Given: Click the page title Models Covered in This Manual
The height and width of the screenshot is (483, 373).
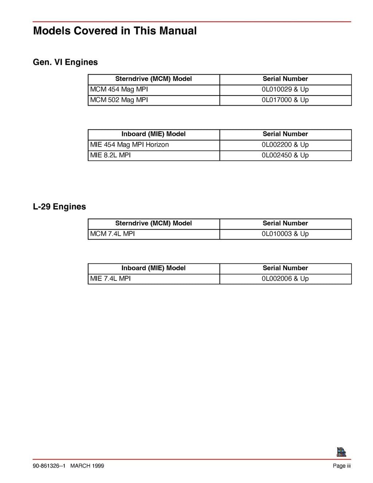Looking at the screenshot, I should click(x=115, y=31).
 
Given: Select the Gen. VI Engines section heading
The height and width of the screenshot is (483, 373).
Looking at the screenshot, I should click(x=65, y=62).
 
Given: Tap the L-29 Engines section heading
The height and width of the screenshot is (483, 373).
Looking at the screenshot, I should click(x=59, y=207).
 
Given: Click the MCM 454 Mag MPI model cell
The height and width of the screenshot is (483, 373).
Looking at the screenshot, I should click(x=119, y=90).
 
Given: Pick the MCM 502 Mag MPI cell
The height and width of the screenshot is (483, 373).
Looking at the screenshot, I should click(x=119, y=100).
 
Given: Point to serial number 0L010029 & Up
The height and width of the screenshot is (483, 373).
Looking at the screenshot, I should click(x=285, y=90).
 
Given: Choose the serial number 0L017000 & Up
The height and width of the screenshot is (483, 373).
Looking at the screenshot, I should click(x=285, y=100).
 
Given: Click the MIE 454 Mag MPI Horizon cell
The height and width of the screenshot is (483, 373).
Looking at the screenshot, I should click(x=129, y=145).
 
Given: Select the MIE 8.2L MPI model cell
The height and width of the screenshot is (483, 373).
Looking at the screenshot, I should click(x=110, y=156).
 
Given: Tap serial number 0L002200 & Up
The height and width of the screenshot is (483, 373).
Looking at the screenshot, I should click(x=285, y=145).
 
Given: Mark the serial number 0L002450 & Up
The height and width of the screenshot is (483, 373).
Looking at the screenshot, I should click(x=285, y=156).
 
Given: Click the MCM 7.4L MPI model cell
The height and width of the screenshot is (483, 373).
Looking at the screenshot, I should click(x=113, y=234).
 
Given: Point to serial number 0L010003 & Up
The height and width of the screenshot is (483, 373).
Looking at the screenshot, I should click(x=285, y=234).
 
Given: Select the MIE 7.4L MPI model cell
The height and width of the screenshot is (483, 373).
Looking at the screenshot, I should click(x=110, y=279).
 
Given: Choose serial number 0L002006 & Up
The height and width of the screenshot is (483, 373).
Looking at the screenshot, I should click(x=285, y=279).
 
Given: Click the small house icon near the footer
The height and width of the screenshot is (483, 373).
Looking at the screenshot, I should click(x=341, y=452).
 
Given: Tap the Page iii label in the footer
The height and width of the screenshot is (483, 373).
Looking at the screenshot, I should click(x=342, y=466).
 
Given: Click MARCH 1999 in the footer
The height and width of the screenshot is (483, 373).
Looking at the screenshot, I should click(x=87, y=466).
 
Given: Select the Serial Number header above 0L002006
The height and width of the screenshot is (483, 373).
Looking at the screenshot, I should click(x=285, y=268).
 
